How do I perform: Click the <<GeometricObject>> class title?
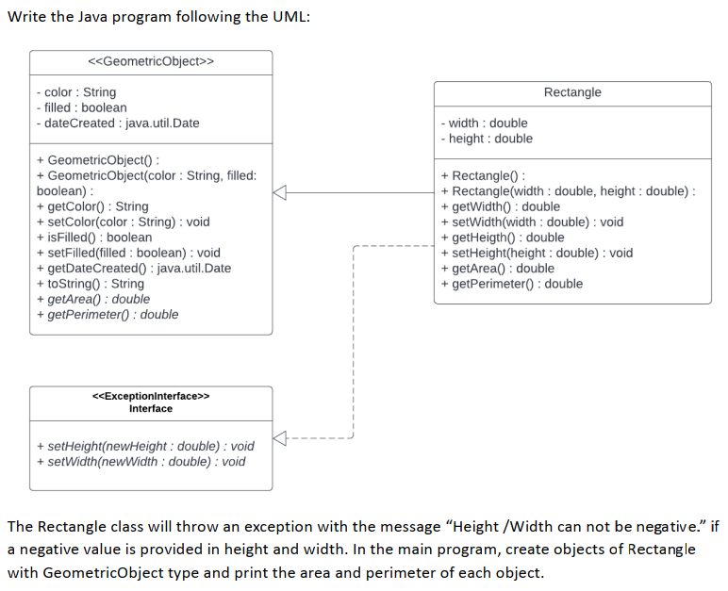click(x=151, y=61)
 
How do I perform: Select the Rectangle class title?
click(x=572, y=92)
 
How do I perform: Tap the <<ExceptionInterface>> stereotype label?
click(x=151, y=397)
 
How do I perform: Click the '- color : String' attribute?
click(x=75, y=92)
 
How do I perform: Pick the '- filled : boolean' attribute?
click(x=80, y=107)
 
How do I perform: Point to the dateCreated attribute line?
click(x=117, y=123)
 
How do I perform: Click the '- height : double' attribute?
click(x=487, y=139)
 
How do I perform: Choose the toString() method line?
click(x=90, y=284)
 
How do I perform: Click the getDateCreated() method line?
click(x=133, y=269)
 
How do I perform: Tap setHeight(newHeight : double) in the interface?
click(x=144, y=446)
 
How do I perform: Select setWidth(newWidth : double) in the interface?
click(x=141, y=461)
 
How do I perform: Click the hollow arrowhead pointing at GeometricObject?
click(x=279, y=191)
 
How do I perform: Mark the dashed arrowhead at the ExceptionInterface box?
click(x=279, y=437)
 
